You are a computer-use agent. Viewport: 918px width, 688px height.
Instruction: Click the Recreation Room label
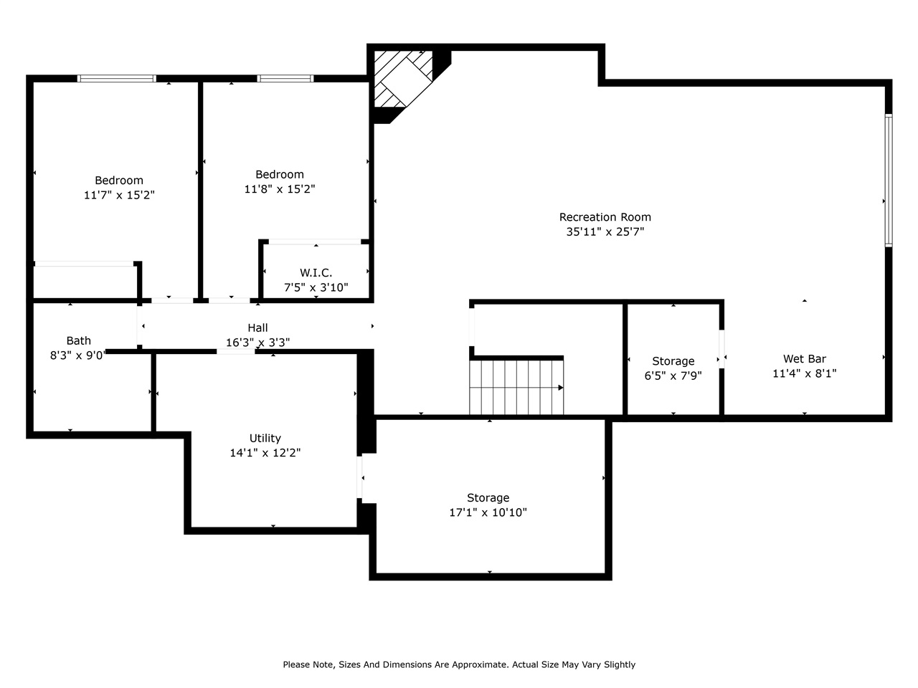(605, 217)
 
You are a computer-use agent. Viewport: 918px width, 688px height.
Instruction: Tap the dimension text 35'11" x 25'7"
(605, 232)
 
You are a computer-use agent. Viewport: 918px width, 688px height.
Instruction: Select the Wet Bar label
(804, 359)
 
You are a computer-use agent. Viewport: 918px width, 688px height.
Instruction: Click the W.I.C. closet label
(316, 273)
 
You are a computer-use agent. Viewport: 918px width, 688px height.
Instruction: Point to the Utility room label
(265, 438)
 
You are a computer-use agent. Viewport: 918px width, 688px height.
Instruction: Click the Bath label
(78, 340)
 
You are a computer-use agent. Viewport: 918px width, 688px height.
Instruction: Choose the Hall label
(257, 328)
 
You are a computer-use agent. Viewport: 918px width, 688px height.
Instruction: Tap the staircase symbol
(516, 387)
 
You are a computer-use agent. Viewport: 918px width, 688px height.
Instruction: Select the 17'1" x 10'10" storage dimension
(488, 512)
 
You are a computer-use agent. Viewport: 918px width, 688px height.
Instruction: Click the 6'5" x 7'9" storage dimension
(673, 376)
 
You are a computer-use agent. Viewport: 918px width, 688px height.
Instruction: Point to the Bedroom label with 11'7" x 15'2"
(119, 181)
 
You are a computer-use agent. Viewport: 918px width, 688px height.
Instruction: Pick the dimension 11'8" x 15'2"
(279, 189)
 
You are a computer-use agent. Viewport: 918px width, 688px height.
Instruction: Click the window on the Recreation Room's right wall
(888, 181)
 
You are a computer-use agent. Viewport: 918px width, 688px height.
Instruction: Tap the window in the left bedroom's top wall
(116, 78)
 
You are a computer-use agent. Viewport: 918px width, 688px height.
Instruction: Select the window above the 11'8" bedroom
(285, 78)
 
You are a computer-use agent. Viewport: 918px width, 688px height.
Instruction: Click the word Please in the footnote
(298, 664)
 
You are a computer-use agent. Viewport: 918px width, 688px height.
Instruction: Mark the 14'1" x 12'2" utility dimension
(265, 453)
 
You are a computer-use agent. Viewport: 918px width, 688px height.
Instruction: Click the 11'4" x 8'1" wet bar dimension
(804, 373)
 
